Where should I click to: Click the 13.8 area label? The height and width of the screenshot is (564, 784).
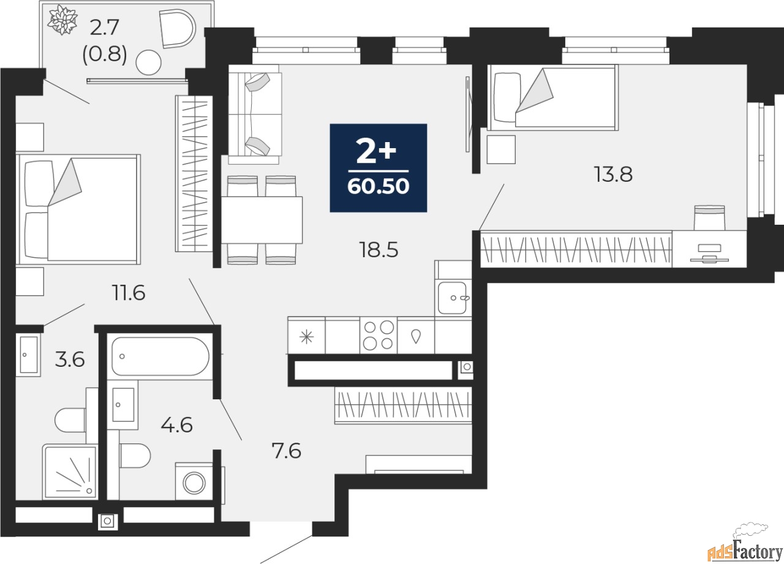[x=613, y=175]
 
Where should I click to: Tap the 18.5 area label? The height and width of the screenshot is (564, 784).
[x=379, y=250]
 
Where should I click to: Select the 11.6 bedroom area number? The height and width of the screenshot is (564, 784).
[x=129, y=293]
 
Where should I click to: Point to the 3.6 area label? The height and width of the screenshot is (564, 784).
[x=70, y=359]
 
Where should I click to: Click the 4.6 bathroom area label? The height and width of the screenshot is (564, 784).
[x=177, y=425]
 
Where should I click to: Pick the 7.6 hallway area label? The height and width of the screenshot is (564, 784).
[x=286, y=451]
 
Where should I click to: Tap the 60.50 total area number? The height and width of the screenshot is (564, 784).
[x=379, y=186]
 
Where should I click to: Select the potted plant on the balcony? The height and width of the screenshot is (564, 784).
[x=62, y=20]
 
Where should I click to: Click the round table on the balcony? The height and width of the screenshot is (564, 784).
[x=148, y=62]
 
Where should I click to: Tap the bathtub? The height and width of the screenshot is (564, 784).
[x=160, y=356]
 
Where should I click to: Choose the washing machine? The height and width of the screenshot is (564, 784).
[x=194, y=483]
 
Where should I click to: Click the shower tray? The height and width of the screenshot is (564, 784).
[x=70, y=472]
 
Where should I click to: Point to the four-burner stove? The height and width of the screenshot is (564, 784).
[x=379, y=335]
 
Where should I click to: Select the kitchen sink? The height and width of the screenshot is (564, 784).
[x=453, y=298]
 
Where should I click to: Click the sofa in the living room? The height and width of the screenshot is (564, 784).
[x=255, y=114]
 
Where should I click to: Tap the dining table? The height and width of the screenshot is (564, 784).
[x=262, y=220]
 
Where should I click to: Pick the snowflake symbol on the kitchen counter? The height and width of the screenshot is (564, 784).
[x=307, y=337]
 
